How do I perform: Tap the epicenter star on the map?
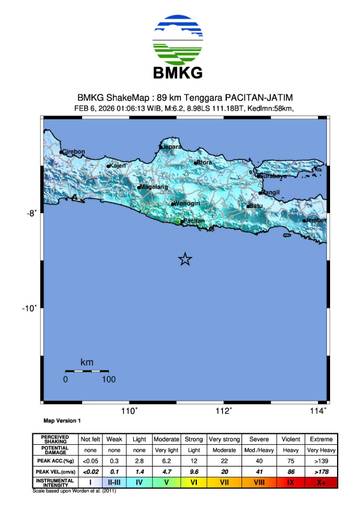coord(185,259)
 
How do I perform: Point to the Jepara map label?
coord(172,146)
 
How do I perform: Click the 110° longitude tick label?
coord(128,410)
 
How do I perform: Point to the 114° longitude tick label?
coord(318,410)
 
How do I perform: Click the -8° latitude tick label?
coord(31,213)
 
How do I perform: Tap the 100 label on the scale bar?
coord(108,379)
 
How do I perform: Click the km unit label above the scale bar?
coord(87,361)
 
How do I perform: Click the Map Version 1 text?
coord(62,421)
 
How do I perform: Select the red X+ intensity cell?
coord(320,482)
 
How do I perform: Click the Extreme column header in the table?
coord(320,438)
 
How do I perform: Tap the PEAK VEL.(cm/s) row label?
coord(56,470)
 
